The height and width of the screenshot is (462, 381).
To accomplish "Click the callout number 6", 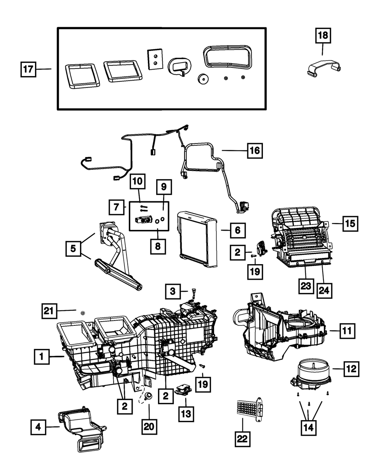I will pyautogui.click(x=237, y=230).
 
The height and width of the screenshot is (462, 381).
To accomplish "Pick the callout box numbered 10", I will pyautogui.click(x=138, y=182).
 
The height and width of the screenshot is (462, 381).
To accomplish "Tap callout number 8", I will pyautogui.click(x=158, y=245).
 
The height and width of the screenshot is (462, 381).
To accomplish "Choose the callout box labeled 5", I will pyautogui.click(x=72, y=249).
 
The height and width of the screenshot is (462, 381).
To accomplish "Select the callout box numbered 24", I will pyautogui.click(x=323, y=291).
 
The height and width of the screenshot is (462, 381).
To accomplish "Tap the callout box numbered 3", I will pyautogui.click(x=173, y=292).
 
